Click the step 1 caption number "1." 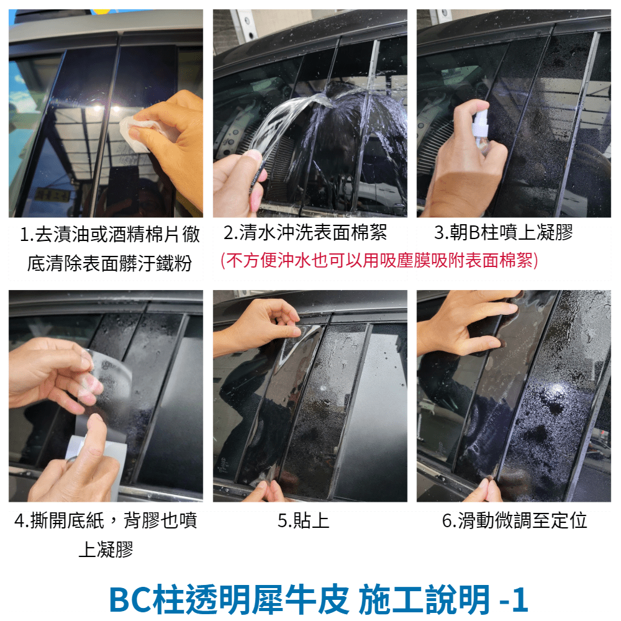27,235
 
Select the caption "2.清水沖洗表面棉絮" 306,232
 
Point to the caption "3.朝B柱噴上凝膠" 504,232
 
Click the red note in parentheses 379,261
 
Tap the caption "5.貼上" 304,520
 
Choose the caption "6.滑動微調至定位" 514,520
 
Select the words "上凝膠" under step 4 106,550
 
